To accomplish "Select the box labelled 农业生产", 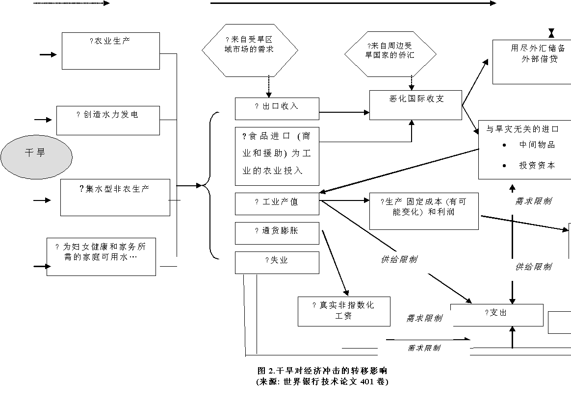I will (111, 51).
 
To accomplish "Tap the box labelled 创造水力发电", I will (108, 120).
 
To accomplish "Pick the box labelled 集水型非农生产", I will (115, 198).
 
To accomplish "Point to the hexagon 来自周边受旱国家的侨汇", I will (390, 53).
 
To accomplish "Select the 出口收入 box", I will (277, 108).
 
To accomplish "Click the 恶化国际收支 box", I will (415, 105).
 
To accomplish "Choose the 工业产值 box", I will (277, 204).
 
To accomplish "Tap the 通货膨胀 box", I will (277, 233).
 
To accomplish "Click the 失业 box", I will (277, 262).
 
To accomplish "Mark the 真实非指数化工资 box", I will (344, 311).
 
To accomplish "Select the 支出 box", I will (496, 315).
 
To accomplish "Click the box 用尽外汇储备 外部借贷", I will (532, 62).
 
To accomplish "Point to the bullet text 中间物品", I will (537, 145).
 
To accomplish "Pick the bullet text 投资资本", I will (537, 166).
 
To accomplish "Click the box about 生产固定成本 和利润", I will (423, 211).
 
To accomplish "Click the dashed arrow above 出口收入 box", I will (268, 87).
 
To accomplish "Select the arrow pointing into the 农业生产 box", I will (49, 54).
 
